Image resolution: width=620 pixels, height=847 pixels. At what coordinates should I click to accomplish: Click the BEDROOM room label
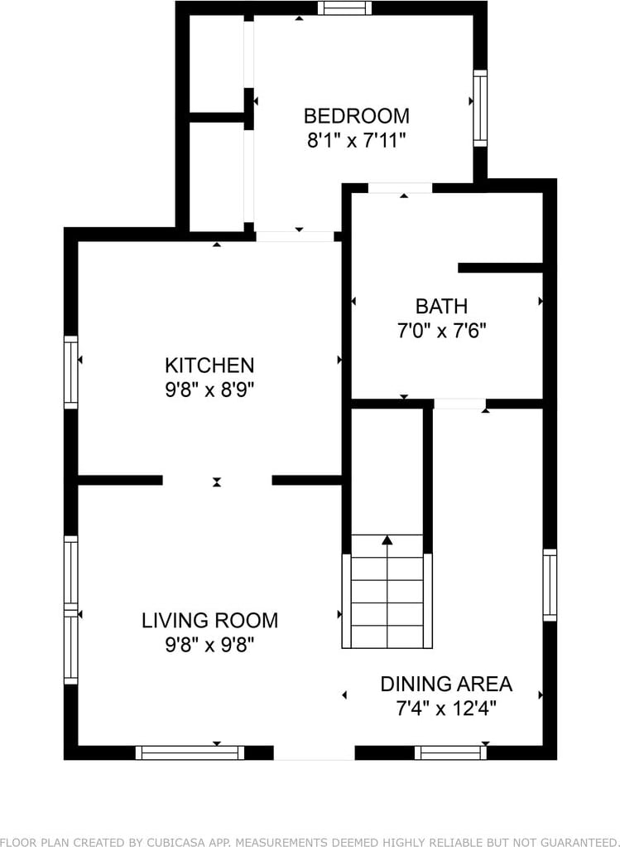click(x=356, y=115)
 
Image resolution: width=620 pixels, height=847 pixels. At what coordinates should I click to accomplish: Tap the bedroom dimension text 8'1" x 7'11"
click(x=356, y=140)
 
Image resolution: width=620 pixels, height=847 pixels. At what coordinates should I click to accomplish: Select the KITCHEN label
click(x=209, y=365)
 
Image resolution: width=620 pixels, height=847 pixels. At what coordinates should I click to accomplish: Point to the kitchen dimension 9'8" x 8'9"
click(x=209, y=390)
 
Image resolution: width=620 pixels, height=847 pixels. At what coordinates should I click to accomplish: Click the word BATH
click(x=441, y=307)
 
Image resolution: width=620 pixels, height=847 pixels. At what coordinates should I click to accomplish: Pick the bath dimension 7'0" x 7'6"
click(x=442, y=331)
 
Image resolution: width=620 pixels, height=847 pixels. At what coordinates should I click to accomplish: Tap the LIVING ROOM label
click(x=210, y=620)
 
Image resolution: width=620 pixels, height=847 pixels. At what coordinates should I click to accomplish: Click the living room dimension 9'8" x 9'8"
click(x=209, y=645)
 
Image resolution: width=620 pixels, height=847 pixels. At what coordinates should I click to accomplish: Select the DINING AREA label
click(x=446, y=684)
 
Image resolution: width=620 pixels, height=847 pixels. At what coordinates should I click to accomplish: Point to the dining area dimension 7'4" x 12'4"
click(x=446, y=708)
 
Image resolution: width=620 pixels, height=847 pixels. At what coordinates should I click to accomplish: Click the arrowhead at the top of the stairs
click(x=387, y=540)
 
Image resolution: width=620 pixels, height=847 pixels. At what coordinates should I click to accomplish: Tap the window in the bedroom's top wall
click(x=344, y=8)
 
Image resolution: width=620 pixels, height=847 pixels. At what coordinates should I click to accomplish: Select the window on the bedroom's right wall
click(x=480, y=108)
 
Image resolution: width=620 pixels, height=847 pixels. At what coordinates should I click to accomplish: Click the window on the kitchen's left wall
click(x=70, y=372)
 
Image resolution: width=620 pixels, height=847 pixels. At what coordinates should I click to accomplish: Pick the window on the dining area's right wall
click(x=550, y=585)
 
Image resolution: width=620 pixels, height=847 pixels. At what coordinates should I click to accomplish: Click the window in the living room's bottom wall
click(x=190, y=753)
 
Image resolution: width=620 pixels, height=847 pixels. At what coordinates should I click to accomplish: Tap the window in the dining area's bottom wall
click(x=450, y=753)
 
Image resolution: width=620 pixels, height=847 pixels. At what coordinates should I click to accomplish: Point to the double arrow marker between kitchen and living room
click(x=217, y=482)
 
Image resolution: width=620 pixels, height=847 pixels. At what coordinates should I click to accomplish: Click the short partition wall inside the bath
click(x=500, y=268)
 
